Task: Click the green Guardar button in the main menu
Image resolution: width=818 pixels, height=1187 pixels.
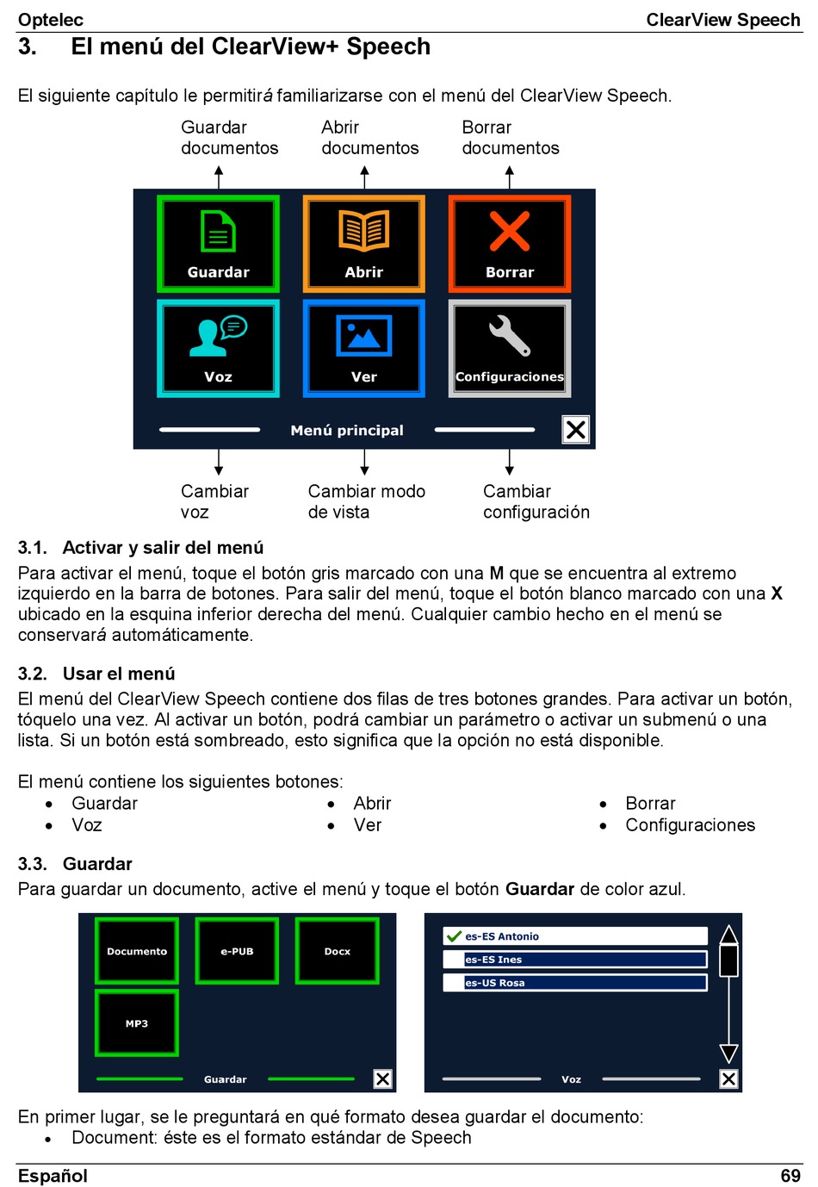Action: coord(218,244)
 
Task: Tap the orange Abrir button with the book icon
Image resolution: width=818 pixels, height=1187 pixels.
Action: coord(363,244)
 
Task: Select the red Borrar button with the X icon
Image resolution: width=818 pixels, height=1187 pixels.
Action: coord(509,244)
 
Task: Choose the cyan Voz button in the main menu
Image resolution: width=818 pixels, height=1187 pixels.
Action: coord(218,348)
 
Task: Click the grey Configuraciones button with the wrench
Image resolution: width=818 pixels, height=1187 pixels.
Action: coord(509,348)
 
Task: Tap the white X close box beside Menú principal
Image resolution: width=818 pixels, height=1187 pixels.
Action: coord(575,429)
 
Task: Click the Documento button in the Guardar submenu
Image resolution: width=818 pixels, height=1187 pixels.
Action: coord(137,951)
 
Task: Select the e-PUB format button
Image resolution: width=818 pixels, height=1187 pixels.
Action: coord(237,951)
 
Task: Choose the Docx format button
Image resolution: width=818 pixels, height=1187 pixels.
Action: coord(337,951)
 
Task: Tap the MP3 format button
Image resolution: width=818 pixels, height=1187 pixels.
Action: coord(137,1023)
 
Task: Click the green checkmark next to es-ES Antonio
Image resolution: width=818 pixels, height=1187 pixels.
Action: coord(454,936)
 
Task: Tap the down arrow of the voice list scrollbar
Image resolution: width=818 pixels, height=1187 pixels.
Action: coord(728,1053)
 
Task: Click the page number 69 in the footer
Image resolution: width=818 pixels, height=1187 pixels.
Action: coord(790,1176)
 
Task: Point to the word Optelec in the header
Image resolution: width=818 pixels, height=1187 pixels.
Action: coord(51,20)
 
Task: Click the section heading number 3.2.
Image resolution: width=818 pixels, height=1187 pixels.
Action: coord(32,674)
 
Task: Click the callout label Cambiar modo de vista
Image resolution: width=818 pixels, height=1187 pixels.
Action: coord(366,501)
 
